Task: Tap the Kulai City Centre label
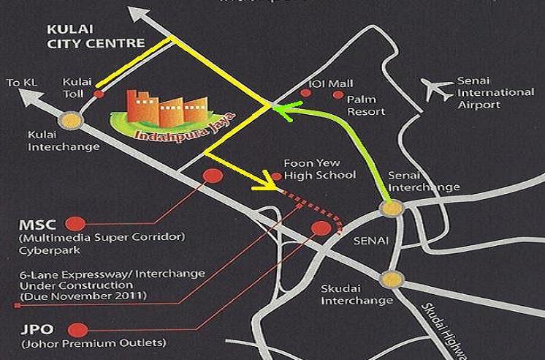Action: tap(95, 37)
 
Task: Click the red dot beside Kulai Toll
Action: tap(99, 94)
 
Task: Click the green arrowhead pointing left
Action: tap(281, 110)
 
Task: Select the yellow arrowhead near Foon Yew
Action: tap(263, 187)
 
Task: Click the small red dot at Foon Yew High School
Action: tap(277, 176)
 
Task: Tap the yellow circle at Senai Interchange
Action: tap(392, 209)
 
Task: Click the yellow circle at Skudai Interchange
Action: tap(393, 278)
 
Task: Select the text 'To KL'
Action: tap(20, 83)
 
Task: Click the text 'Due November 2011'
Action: tap(84, 296)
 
